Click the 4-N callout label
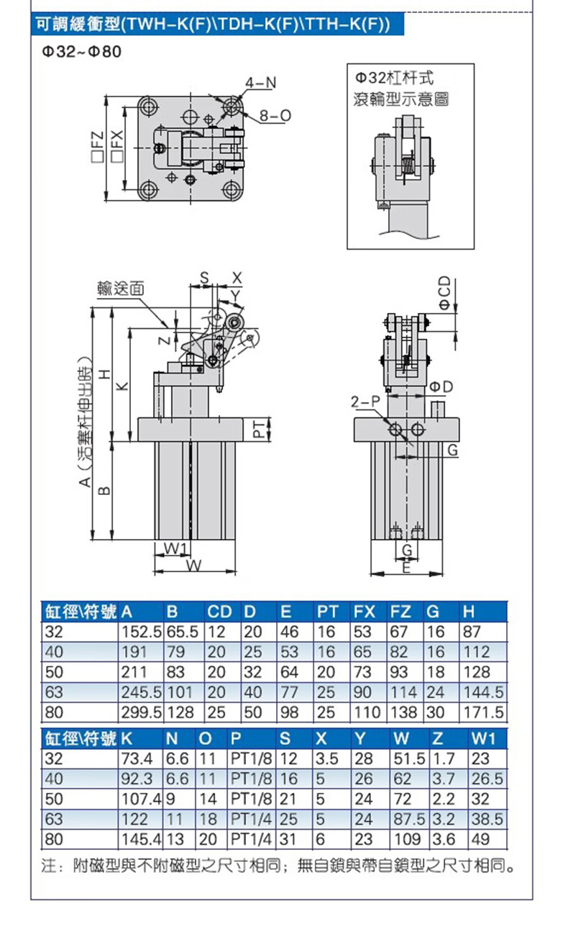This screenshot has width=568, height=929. click(260, 83)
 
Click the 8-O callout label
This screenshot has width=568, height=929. click(275, 116)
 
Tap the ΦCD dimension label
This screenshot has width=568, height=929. click(444, 293)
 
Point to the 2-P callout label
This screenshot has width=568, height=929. click(365, 401)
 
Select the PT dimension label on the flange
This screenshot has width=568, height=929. click(259, 429)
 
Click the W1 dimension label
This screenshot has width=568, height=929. click(175, 548)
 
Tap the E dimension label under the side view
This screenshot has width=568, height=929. click(406, 567)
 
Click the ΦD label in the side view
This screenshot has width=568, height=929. click(441, 386)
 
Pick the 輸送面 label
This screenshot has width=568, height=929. click(121, 288)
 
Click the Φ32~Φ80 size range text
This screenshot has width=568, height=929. click(82, 52)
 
